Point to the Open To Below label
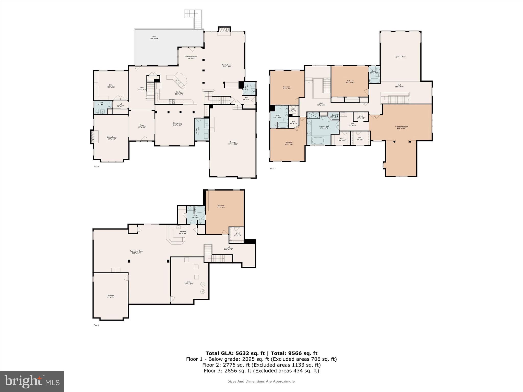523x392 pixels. click(400, 57)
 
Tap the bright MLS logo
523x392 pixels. click(32, 381)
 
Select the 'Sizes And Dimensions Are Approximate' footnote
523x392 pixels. click(261, 381)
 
